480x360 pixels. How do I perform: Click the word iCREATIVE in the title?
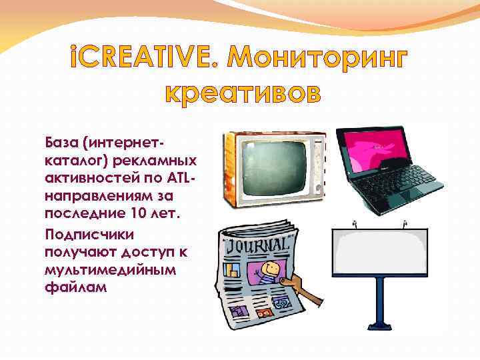(x=143, y=61)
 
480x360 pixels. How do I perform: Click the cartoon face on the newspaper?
(x=269, y=271)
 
